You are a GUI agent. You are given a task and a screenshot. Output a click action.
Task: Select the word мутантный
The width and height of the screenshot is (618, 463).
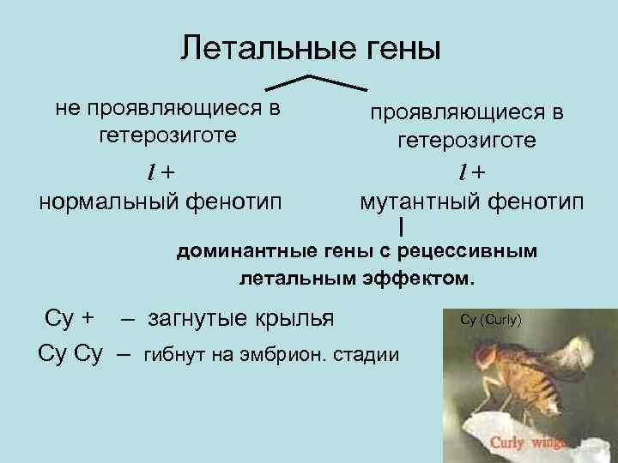[x=419, y=203]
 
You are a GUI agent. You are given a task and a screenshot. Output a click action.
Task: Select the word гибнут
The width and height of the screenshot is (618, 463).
[x=173, y=354]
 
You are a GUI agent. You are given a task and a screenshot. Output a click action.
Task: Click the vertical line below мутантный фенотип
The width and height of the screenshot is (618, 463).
[x=401, y=226]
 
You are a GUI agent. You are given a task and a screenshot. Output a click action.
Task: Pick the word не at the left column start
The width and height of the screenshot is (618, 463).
[x=66, y=108]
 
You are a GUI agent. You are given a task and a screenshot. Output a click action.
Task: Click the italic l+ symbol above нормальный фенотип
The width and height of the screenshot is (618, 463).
[x=158, y=171]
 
